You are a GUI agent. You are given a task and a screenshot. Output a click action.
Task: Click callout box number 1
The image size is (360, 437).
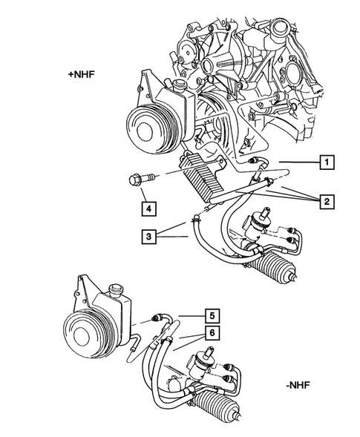(x=326, y=160)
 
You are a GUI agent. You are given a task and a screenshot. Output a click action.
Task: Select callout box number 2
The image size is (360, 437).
(x=326, y=200)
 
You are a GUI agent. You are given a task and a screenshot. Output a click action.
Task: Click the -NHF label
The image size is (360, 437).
(x=296, y=384)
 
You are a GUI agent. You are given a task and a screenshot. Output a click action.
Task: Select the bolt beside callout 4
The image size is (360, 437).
(x=139, y=178)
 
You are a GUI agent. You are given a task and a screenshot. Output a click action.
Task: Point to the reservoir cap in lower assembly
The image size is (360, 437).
(x=116, y=289)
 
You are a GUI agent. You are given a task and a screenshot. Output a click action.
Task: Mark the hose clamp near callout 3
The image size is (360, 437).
(x=195, y=217)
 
